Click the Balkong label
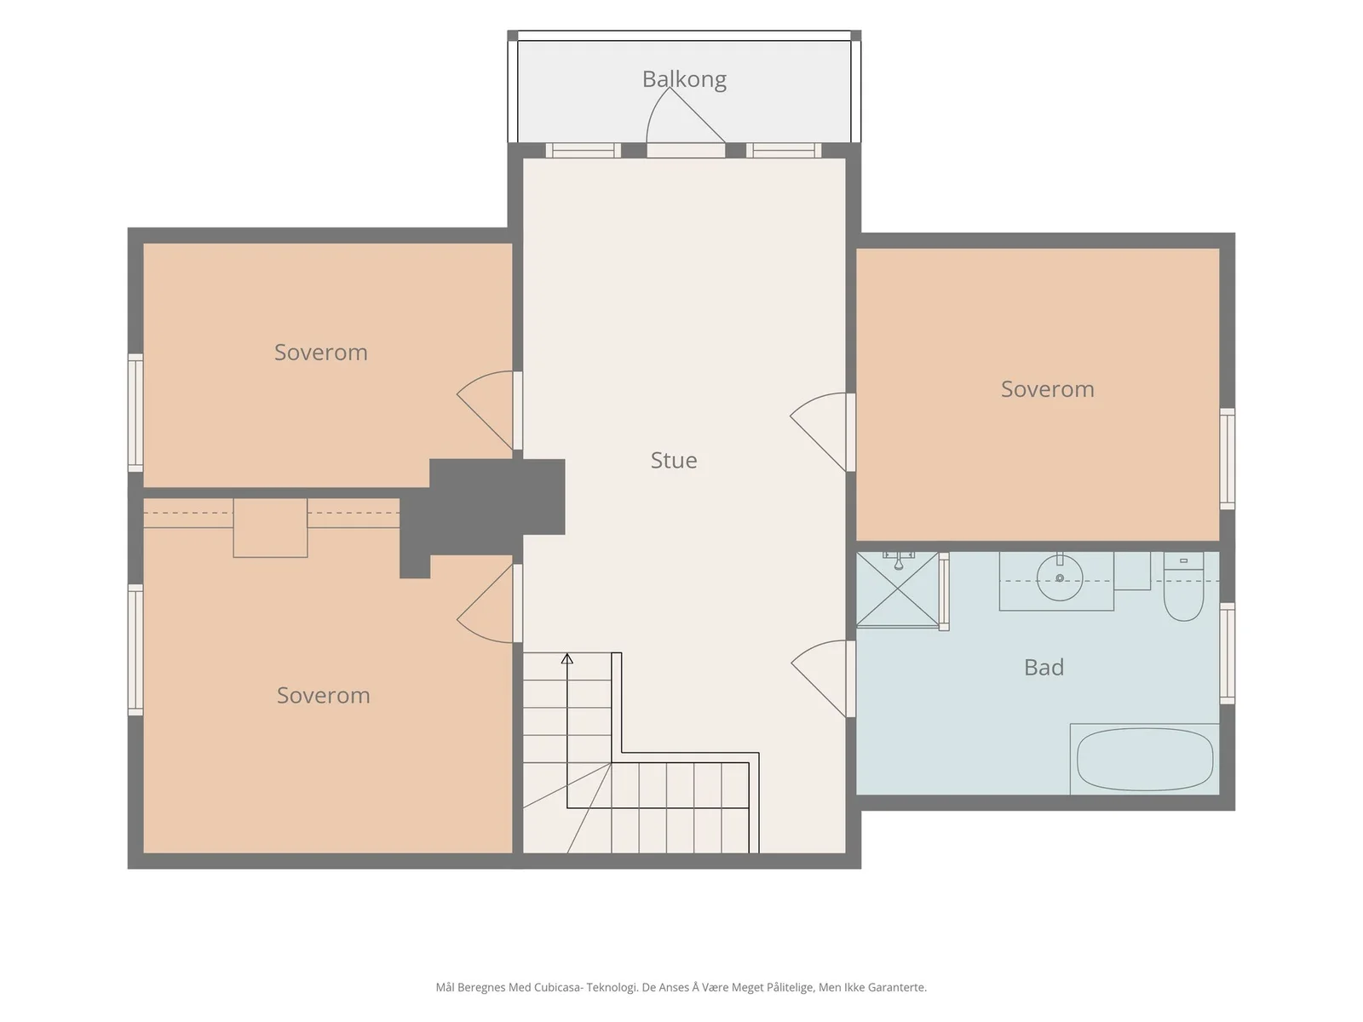[684, 79]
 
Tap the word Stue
[673, 461]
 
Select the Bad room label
[1044, 668]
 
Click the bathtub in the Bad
[1144, 760]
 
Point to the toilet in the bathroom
[1183, 587]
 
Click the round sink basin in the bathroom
[1060, 578]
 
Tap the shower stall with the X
[897, 589]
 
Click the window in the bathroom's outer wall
[1227, 653]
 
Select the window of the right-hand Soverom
[1227, 459]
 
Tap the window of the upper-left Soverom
[135, 413]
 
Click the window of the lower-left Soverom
[135, 650]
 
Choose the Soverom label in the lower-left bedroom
[323, 696]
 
